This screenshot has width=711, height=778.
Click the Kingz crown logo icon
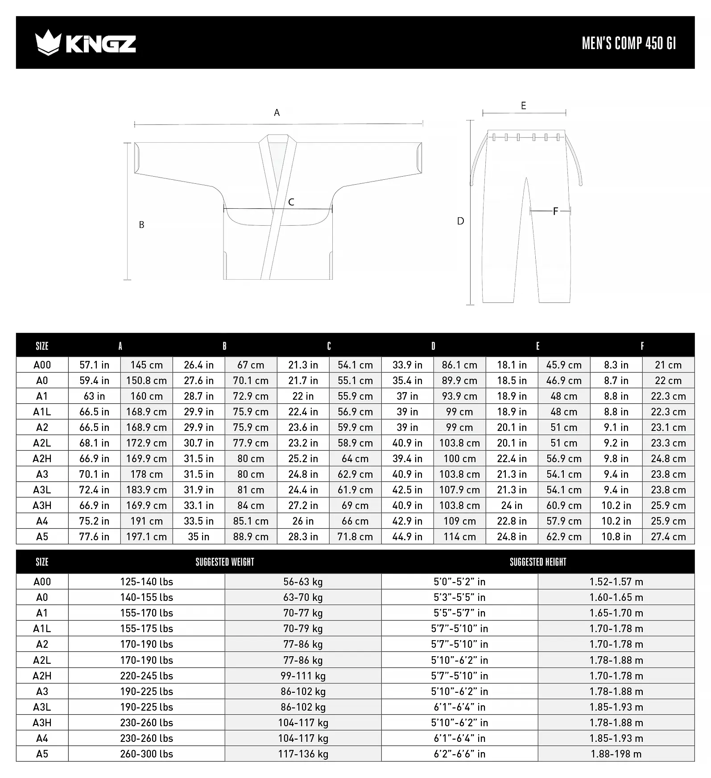48,42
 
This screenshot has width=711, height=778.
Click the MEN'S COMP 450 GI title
629,43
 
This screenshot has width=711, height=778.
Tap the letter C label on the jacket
291,202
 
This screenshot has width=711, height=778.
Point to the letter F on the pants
555,211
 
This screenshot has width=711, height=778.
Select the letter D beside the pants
461,221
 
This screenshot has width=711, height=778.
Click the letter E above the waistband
524,106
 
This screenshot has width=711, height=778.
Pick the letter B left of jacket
141,225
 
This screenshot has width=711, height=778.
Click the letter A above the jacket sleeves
277,113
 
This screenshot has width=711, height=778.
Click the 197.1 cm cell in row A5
146,537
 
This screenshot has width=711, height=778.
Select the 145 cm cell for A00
146,365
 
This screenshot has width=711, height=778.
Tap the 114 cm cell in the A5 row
459,537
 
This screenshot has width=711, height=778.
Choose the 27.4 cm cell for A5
668,537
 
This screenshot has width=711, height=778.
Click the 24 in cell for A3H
512,505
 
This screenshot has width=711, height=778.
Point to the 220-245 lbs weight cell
146,676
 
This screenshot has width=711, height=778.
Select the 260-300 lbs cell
146,754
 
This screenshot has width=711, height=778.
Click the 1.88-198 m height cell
616,754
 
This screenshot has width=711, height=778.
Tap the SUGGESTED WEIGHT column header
225,562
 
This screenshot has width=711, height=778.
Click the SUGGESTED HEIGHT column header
538,562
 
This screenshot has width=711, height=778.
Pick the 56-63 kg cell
303,582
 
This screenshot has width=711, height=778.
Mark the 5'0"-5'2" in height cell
459,582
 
